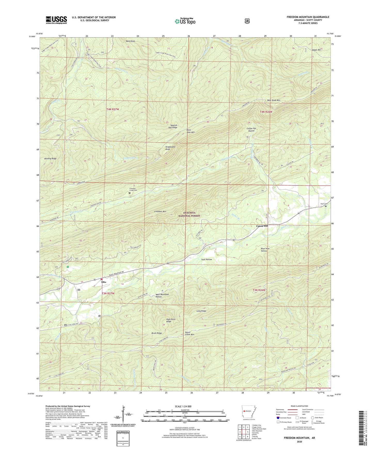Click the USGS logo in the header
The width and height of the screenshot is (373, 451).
click(56, 20)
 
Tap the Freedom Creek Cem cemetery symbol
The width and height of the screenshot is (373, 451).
click(130, 193)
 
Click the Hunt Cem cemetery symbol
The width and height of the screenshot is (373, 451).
click(326, 206)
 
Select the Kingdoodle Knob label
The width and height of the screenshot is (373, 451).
click(170, 148)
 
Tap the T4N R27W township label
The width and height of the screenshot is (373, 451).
click(114, 110)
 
